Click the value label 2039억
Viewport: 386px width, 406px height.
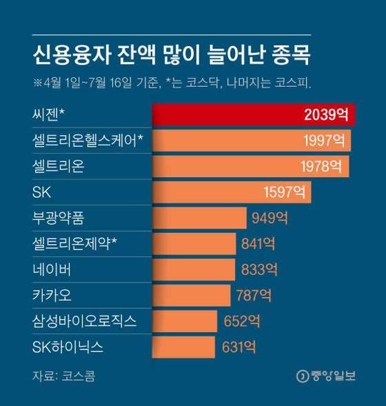pos(328,115)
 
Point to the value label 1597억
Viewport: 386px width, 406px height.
pos(283,192)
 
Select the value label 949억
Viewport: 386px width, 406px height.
pos(269,219)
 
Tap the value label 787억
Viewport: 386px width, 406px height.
pos(252,296)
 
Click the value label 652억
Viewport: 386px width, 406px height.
pos(242,321)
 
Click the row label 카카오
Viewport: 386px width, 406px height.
pos(52,296)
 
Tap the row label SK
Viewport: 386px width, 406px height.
pos(41,192)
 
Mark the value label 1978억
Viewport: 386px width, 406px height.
pos(321,167)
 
